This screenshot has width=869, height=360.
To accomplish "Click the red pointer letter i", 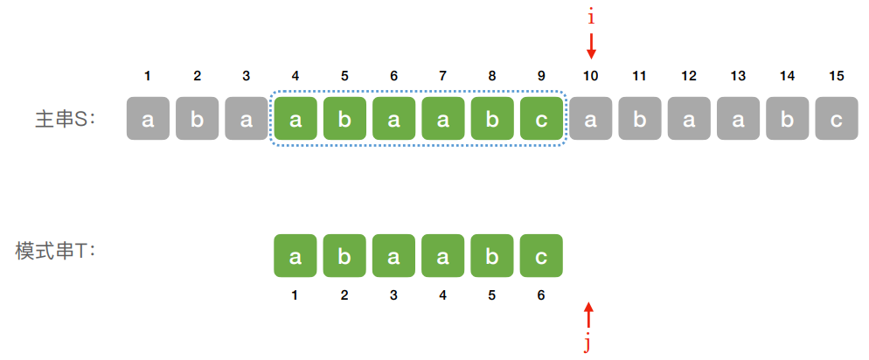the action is point(591,17).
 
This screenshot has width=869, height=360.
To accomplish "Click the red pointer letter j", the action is point(588,343).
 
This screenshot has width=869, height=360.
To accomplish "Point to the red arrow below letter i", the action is point(591,45).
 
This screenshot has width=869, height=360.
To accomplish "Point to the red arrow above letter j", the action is point(588,315).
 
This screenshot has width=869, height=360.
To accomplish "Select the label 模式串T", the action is point(55,251).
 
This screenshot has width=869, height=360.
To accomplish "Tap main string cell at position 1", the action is point(148,119).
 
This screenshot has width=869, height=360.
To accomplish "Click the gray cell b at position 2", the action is point(197,119).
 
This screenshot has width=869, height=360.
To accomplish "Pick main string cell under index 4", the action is point(295,119).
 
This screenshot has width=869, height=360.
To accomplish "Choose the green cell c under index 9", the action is point(541,119).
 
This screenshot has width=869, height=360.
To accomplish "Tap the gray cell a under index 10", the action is point(591,119).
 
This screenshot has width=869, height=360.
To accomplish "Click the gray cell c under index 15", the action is point(837,119).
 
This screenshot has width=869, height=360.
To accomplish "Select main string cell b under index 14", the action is point(788,119).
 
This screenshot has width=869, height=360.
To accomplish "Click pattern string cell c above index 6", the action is point(541,256).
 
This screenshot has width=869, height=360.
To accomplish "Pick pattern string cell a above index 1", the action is point(295,256).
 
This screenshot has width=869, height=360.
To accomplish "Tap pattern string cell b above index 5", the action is point(492,256).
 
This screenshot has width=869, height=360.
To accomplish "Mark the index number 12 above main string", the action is point(689,76).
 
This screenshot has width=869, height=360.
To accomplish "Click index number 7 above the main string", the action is point(443,76).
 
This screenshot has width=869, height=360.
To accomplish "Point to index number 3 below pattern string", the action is point(393,295).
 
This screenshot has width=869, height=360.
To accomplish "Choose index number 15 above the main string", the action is point(837,76).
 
